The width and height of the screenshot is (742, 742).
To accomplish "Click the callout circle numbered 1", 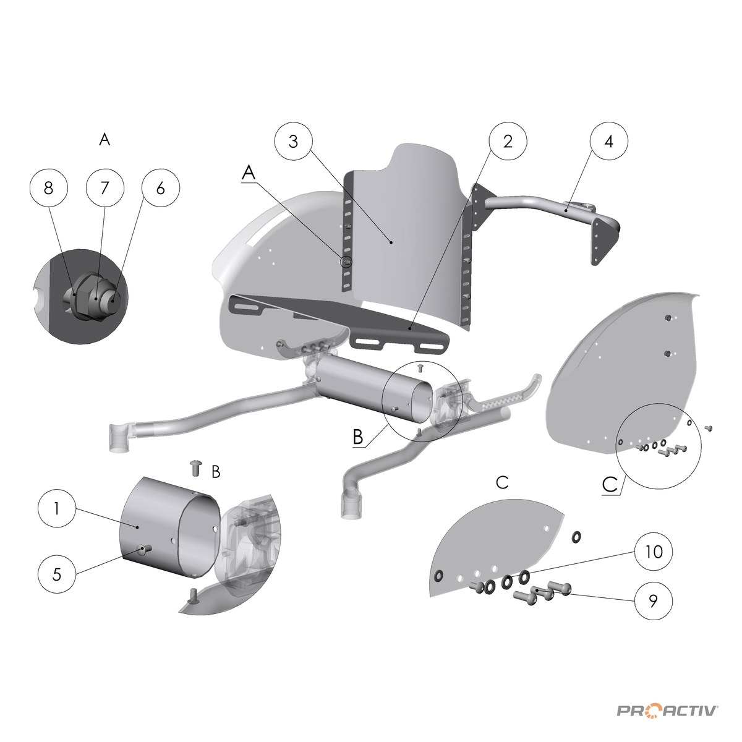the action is pos(57,509).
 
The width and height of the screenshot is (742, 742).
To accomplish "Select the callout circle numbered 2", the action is pos(508,142).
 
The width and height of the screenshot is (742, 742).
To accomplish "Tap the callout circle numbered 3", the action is pos(294,142).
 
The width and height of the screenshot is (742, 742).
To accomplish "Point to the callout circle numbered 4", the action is pos(608,142).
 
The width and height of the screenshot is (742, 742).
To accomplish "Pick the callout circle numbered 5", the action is pos(57,574).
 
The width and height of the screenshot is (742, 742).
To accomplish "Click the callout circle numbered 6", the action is pos(161,188).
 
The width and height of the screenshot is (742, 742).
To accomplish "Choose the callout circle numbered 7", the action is pos(104,188).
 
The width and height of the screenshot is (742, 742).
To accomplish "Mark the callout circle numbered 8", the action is pos(48,188).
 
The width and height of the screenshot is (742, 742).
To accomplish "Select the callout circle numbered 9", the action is pos(654,600).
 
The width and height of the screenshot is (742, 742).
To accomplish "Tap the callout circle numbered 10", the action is pos(654,552).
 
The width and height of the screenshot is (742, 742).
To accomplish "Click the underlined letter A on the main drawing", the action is pos(249,173).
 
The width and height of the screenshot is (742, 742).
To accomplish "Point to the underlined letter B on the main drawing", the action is pos(358,437).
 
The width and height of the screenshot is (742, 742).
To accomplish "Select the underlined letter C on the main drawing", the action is pos(610,484).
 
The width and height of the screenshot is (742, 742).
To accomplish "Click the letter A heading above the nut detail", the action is pos(104,139).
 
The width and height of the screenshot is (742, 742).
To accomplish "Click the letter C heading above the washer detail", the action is pos(503,482).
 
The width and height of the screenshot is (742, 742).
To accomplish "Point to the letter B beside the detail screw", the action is pos(216,472).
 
